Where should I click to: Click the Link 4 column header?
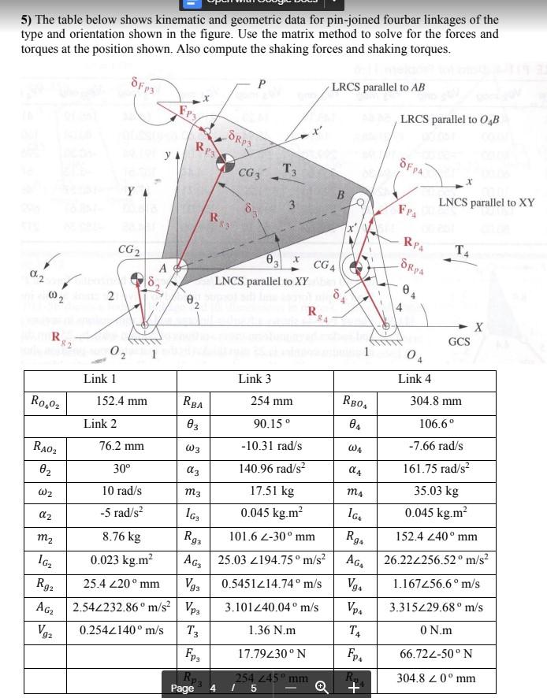410,379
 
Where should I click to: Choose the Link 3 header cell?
254,379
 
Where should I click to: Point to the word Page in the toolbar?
184,687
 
